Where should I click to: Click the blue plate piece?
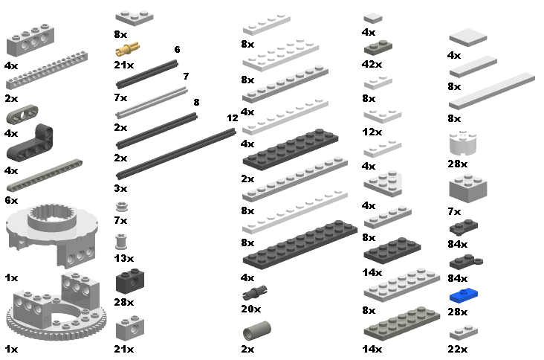[464, 295]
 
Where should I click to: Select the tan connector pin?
[128, 50]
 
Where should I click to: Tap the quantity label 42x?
[372, 64]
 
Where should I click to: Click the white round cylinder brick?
[463, 143]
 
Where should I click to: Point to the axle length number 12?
[233, 118]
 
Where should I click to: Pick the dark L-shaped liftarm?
[30, 142]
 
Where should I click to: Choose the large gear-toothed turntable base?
[56, 306]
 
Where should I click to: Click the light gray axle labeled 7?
[152, 103]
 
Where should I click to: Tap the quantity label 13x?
[124, 258]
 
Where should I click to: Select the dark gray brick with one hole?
[130, 281]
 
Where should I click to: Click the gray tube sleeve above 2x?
[257, 331]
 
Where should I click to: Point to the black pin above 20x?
[255, 292]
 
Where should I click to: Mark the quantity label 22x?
[457, 349]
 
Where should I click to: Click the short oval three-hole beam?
[22, 115]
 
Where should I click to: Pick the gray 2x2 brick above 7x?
[468, 188]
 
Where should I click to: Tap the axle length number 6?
[178, 49]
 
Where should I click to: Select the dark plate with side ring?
[466, 262]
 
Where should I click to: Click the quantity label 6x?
[11, 200]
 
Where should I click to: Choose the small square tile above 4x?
[373, 18]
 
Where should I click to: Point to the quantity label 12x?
[372, 132]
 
